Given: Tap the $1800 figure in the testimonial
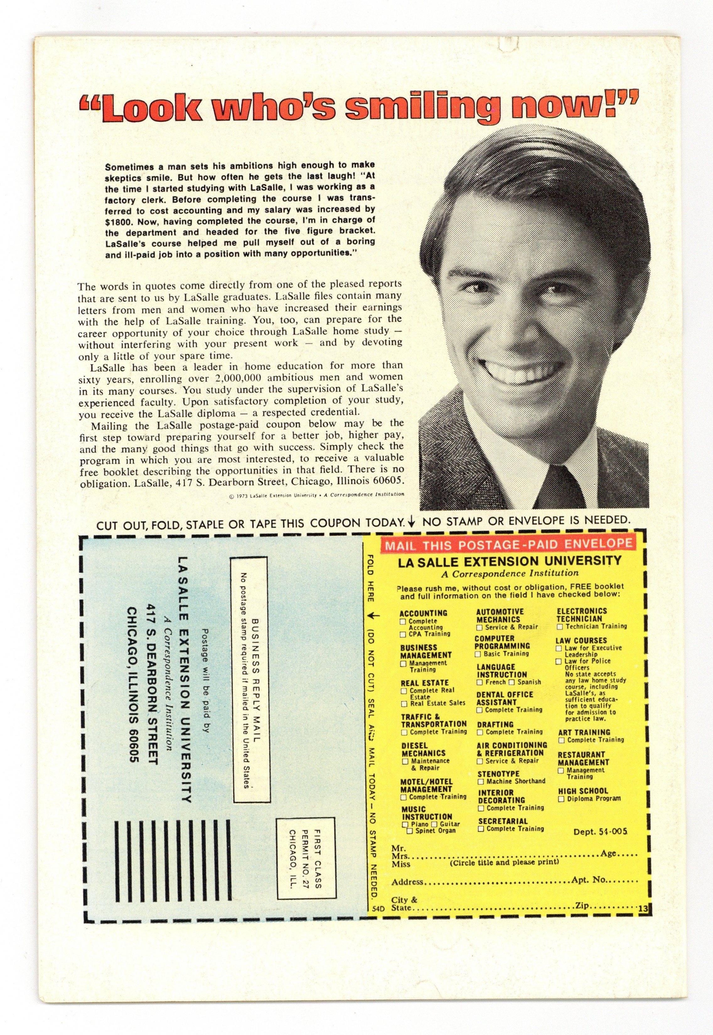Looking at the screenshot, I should [120, 222].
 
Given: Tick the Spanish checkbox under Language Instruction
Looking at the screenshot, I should [512, 682].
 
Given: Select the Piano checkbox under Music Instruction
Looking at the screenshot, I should [405, 824].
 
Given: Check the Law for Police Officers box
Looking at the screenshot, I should [558, 661].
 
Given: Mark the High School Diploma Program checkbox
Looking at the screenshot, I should [561, 799].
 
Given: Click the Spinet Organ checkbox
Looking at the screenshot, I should [409, 831].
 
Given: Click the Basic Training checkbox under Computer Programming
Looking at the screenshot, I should [478, 654].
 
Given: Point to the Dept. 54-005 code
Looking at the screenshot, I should [600, 832].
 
